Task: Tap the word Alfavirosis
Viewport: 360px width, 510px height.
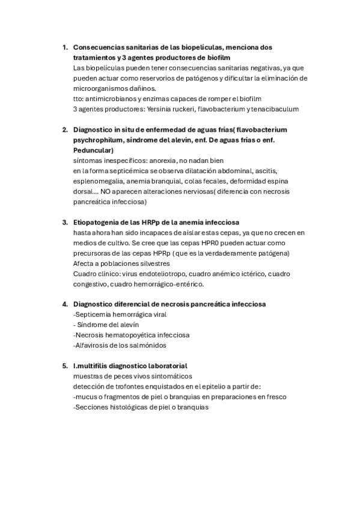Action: coord(94,345)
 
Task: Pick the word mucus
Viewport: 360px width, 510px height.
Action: coord(87,396)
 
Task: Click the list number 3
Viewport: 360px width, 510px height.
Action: coord(64,223)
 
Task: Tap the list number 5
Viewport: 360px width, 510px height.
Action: coord(64,366)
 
